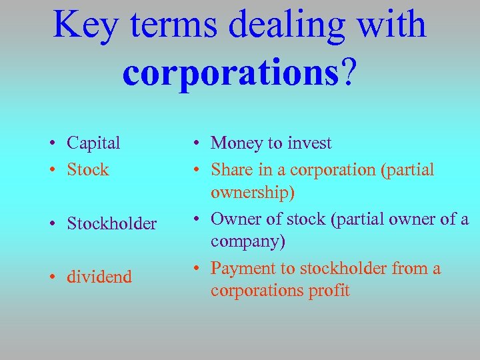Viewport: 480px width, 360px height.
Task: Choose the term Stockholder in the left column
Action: [x=111, y=223]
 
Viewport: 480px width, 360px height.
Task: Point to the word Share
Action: [x=231, y=170]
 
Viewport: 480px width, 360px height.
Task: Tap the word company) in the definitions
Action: [x=248, y=241]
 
